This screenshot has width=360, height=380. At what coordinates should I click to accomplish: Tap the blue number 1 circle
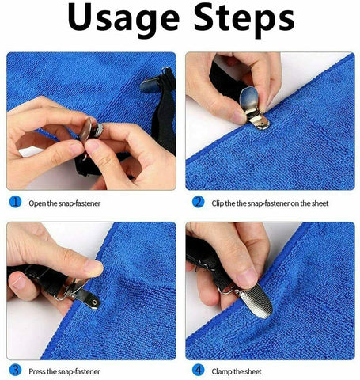14,202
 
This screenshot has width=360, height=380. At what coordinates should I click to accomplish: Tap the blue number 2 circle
198,202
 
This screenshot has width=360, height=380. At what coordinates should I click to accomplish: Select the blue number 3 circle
14,369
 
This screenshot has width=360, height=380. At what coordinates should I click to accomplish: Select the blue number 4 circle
198,369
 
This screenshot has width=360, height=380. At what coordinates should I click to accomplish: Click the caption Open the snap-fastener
65,203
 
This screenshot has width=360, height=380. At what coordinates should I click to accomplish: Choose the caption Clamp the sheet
238,370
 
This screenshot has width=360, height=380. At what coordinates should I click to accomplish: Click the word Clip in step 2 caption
219,203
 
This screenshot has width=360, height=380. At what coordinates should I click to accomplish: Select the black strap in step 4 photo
203,253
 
